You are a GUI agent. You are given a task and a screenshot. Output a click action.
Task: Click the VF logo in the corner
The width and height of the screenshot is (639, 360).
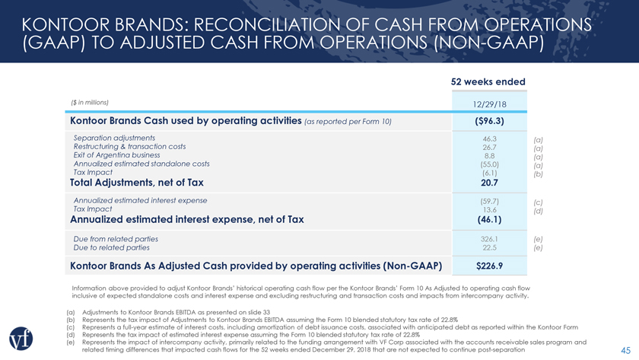(x=21, y=339)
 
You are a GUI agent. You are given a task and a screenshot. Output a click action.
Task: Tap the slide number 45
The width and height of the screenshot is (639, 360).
(x=625, y=350)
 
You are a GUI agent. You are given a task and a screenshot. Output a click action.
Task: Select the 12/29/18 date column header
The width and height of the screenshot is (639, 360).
(x=489, y=104)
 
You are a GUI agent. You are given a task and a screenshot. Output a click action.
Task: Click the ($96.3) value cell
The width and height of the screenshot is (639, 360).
(x=489, y=121)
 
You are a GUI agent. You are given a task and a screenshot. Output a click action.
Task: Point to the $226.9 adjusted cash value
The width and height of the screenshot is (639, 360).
(x=489, y=266)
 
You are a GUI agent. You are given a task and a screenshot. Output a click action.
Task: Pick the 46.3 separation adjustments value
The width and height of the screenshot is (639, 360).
(x=489, y=139)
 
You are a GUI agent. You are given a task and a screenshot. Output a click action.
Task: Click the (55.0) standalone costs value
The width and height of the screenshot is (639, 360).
(x=489, y=164)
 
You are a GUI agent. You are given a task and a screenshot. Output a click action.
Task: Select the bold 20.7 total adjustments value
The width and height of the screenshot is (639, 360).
(x=489, y=183)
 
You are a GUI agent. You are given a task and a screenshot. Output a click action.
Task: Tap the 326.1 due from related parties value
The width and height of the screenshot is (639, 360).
(x=489, y=239)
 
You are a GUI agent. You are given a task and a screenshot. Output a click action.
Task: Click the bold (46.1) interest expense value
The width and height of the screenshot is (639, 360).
(x=489, y=219)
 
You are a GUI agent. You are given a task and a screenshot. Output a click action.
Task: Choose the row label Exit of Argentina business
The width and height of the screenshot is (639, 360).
(x=116, y=155)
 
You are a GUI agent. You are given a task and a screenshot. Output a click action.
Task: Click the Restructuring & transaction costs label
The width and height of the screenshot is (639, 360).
(x=129, y=146)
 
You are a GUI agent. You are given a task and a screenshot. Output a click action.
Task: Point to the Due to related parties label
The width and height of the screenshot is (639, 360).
(x=111, y=247)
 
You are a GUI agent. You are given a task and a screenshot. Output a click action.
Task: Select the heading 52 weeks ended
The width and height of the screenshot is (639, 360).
(x=488, y=81)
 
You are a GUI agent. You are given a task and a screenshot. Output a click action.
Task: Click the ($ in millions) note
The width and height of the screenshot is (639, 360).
(x=90, y=102)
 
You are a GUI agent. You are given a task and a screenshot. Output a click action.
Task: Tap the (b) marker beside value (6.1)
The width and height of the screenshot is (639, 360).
(x=539, y=174)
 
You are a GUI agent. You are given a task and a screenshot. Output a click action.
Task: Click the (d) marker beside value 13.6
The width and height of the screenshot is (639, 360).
(x=539, y=211)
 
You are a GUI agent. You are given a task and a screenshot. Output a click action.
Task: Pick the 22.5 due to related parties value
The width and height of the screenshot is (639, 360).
(x=489, y=247)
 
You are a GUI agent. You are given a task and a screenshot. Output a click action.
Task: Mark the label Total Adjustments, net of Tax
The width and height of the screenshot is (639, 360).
(x=136, y=182)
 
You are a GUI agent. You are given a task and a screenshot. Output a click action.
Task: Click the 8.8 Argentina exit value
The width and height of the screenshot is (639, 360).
(x=489, y=156)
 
